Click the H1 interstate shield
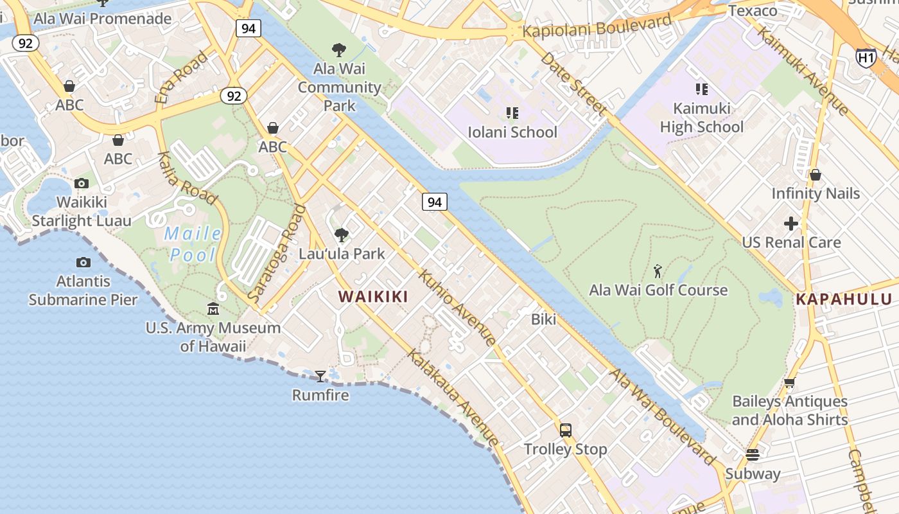coord(866,58)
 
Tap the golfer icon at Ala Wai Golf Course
coord(658,271)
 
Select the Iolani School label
coord(512,132)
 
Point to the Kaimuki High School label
coord(701,118)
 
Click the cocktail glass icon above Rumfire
coord(320,376)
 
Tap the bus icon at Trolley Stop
coord(565,430)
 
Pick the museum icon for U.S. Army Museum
coord(213,309)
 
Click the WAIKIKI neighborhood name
coord(373,296)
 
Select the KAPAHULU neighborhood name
coord(844,299)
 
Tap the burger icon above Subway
coord(753,456)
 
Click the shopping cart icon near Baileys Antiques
coord(789,383)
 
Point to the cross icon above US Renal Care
coord(791,224)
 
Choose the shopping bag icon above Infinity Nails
coord(815,175)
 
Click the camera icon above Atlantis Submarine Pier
coord(83,262)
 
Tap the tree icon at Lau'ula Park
coord(342,235)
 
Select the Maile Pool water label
coord(193,244)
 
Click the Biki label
coord(543,319)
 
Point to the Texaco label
coord(753,11)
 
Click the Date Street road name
coord(573,84)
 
